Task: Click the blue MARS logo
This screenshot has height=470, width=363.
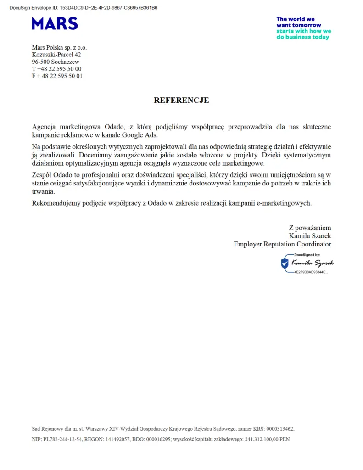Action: click(x=55, y=23)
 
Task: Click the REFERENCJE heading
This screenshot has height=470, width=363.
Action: click(x=181, y=100)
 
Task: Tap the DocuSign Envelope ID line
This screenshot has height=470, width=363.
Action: click(x=83, y=8)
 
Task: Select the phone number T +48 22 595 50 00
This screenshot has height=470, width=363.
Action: click(x=57, y=69)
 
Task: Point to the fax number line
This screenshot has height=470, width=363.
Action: click(x=57, y=76)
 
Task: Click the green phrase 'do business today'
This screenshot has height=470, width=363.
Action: click(x=302, y=37)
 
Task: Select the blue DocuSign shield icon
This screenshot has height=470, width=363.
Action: click(x=285, y=263)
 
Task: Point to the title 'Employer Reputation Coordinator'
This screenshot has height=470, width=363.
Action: click(x=282, y=244)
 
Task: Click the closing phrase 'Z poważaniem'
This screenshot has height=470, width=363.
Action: click(x=310, y=228)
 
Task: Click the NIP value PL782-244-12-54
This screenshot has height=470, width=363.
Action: click(x=63, y=439)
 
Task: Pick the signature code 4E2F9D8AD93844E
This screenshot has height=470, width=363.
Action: click(x=311, y=272)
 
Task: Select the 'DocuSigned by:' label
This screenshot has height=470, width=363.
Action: click(x=307, y=254)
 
